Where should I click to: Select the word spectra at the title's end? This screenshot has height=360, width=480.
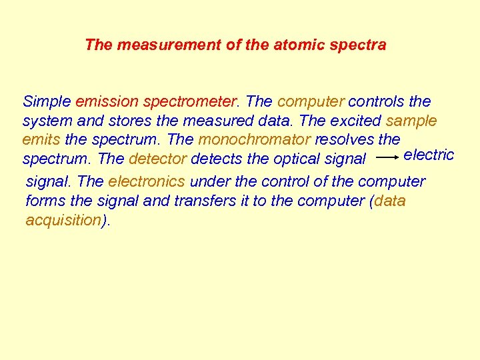click(361, 45)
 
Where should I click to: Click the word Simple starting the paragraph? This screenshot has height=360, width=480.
click(47, 102)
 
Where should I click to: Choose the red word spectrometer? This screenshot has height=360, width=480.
click(190, 102)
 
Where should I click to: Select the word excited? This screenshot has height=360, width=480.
click(357, 121)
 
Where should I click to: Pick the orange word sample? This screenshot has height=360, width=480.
click(411, 121)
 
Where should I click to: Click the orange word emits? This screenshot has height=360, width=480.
click(41, 140)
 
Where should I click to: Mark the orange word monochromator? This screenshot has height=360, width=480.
click(255, 140)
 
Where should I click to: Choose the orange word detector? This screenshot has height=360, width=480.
click(158, 159)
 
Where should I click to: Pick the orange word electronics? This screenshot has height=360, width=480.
click(147, 182)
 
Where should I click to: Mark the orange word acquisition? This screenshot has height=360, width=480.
click(63, 221)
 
